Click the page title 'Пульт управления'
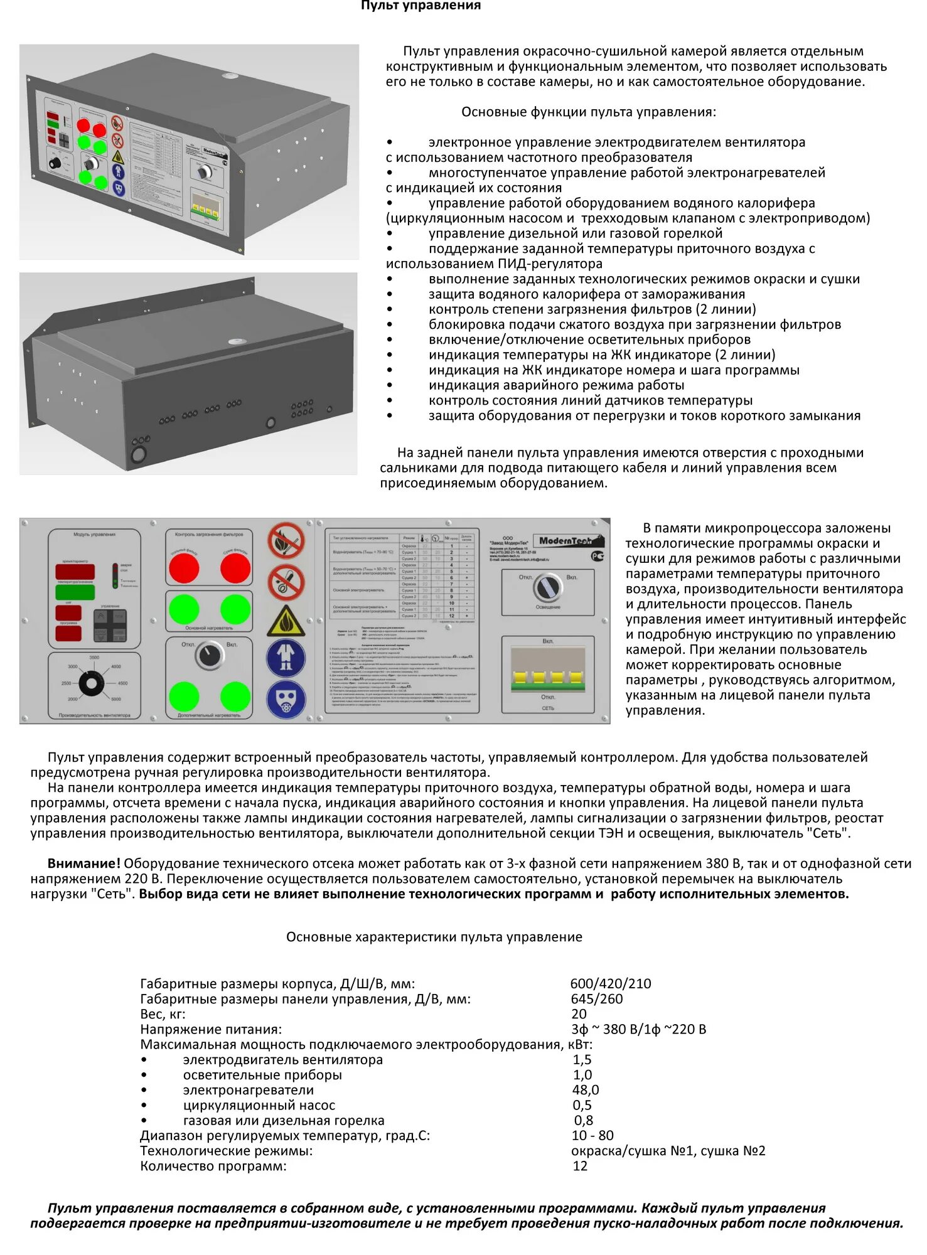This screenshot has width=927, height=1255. [x=421, y=6]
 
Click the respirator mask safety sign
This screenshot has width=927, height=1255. [x=286, y=700]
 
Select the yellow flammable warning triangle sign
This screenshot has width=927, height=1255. [x=286, y=621]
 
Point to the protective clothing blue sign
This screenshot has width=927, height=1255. [x=286, y=659]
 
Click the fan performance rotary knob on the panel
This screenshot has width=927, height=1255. [x=93, y=683]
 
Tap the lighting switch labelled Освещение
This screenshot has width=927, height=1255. [x=547, y=587]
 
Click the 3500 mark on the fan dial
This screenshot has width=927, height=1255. [x=94, y=658]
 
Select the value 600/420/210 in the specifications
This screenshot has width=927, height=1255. [x=610, y=984]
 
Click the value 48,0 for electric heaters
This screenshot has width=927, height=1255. [x=585, y=1090]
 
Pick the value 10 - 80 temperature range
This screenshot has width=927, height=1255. [x=592, y=1136]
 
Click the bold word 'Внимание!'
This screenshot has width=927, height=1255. [x=83, y=863]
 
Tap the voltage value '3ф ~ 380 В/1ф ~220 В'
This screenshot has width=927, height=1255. [x=638, y=1029]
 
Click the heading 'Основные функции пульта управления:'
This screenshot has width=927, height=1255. [x=588, y=112]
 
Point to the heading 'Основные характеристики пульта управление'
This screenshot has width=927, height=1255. [x=434, y=937]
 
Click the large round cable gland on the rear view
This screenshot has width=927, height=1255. [x=137, y=454]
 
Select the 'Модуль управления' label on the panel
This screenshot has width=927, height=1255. [x=94, y=535]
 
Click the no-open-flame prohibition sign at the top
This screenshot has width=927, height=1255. [x=286, y=541]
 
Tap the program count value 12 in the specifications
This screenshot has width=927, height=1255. [x=580, y=1166]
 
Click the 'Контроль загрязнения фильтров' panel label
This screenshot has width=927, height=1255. [x=208, y=535]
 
